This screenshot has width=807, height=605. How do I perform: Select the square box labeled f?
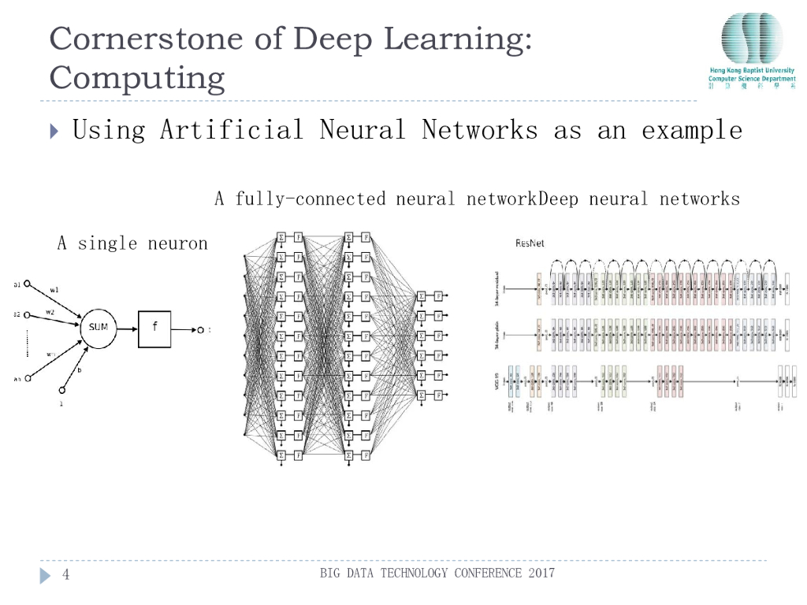(x=154, y=328)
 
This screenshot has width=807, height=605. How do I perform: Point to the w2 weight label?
(x=50, y=313)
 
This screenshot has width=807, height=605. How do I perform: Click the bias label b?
(x=79, y=370)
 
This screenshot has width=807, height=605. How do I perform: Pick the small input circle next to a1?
(x=27, y=284)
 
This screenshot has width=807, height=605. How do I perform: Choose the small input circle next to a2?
(x=27, y=315)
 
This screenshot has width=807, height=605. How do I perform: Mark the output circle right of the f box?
(x=200, y=329)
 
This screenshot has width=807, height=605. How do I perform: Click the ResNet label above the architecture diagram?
(x=530, y=243)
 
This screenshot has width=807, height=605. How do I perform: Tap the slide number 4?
(x=66, y=574)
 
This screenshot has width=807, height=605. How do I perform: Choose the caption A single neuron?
(x=132, y=243)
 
